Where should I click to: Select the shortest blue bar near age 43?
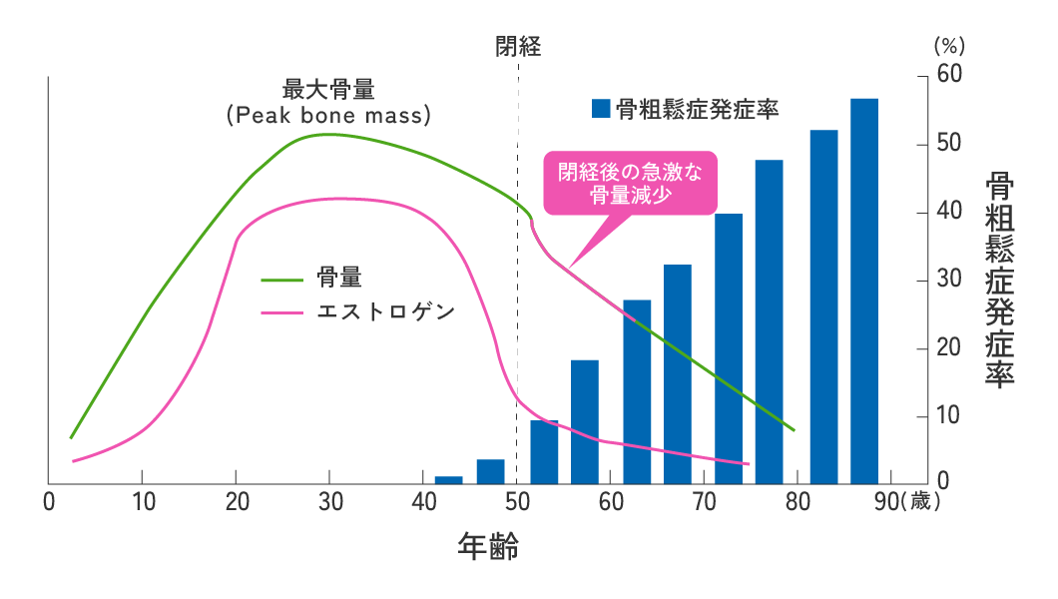(449, 480)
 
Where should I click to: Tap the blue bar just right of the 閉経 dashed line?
(544, 452)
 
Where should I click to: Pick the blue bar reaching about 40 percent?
(729, 349)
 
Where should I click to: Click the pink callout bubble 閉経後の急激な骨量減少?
(630, 183)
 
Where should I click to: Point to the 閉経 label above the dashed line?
(518, 46)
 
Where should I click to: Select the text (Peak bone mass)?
(328, 115)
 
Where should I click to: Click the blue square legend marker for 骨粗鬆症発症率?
(600, 109)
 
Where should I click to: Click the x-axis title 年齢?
(488, 545)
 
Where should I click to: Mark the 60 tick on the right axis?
(948, 77)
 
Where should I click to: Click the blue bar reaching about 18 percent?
(585, 422)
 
